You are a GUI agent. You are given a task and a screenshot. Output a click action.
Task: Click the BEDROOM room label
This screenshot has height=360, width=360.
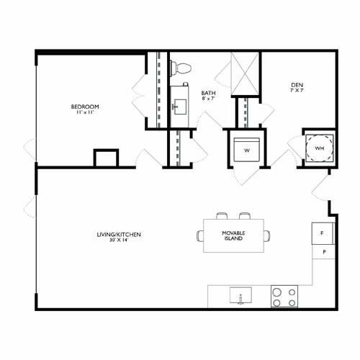tap(85, 107)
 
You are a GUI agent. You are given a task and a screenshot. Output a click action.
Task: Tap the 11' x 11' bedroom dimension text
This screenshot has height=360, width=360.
tap(85, 113)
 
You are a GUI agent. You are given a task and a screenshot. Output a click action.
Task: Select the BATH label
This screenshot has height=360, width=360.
tap(208, 92)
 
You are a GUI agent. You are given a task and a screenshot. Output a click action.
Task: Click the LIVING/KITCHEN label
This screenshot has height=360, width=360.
tap(119, 235)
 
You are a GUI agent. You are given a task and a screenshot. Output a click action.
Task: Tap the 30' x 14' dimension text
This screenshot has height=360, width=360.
tap(119, 240)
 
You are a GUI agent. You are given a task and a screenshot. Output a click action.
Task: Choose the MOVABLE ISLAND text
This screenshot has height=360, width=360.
tap(233, 235)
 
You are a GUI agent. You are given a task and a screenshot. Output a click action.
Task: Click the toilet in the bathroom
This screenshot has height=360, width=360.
tap(181, 68)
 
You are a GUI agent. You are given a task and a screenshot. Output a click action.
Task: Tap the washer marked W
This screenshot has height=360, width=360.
tap(246, 150)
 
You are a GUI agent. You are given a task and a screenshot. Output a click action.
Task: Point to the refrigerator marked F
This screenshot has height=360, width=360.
tap(323, 233)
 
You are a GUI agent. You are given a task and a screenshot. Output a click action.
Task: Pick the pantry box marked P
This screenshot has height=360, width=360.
tap(323, 252)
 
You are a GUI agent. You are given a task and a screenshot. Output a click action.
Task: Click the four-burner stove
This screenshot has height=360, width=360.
tap(284, 296)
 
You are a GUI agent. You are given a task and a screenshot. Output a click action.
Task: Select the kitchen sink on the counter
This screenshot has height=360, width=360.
tap(239, 296)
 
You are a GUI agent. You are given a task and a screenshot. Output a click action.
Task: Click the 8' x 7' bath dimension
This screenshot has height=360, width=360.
tap(208, 99)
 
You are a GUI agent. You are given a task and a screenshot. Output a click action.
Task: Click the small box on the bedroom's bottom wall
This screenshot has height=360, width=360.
tap(106, 158)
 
